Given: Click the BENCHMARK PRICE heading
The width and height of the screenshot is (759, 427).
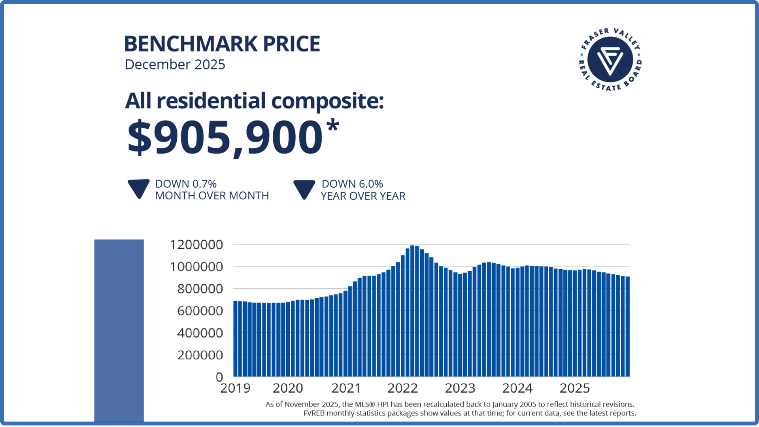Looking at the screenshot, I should [222, 44].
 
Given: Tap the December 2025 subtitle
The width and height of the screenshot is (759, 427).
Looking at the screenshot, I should [175, 64].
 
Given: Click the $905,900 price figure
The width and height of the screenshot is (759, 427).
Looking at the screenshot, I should [225, 137].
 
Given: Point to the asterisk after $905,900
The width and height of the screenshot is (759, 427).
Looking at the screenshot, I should [333, 126].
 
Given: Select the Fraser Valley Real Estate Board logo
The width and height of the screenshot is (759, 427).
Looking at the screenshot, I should [610, 60].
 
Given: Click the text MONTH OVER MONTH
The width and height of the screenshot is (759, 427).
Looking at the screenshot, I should [212, 196].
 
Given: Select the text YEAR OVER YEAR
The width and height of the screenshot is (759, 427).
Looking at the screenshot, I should [363, 196].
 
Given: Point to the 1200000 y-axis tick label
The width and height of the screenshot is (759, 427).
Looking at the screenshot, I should [196, 245].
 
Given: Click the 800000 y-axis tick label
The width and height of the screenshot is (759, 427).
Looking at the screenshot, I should [200, 289].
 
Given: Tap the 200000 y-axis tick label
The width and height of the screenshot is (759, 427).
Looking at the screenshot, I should [200, 355].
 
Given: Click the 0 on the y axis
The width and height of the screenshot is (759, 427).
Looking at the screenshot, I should [219, 377].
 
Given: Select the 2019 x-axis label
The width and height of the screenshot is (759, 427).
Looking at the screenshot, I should [235, 388].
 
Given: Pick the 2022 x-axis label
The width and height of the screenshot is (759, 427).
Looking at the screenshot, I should [402, 388].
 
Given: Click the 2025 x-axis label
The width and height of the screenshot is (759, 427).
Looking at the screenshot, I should [574, 388].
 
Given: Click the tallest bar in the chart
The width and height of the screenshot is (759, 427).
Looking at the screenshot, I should [412, 312].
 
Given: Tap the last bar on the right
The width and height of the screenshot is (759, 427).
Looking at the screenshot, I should [627, 328].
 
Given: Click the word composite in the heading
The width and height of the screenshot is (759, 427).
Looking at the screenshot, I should [327, 101].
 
